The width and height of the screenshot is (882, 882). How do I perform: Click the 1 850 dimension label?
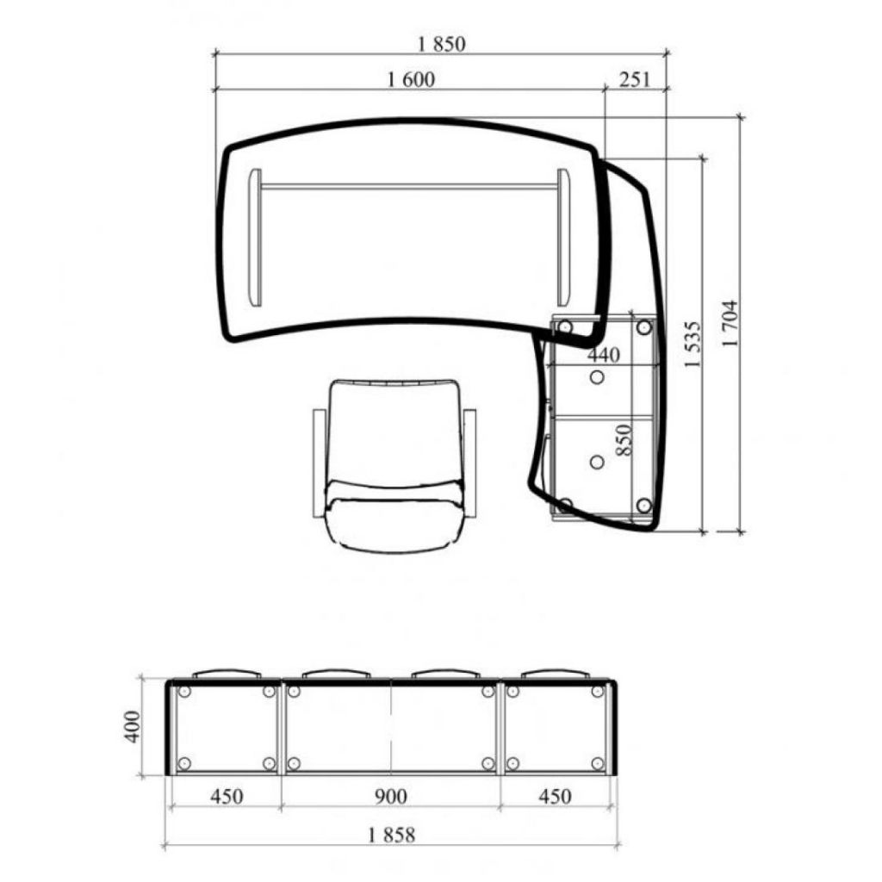(442, 44)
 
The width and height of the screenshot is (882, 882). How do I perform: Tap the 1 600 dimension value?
(411, 79)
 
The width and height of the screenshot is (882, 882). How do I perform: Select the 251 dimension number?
(635, 79)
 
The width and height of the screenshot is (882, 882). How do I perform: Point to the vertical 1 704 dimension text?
(730, 324)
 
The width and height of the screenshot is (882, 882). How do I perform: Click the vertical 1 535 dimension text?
(693, 345)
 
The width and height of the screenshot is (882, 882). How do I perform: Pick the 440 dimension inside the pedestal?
(604, 355)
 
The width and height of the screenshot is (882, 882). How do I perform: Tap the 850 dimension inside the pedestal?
(624, 440)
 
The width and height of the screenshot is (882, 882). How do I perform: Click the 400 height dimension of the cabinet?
(132, 727)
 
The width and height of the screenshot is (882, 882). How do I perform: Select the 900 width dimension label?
(390, 797)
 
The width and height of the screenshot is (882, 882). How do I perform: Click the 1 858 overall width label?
(392, 835)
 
